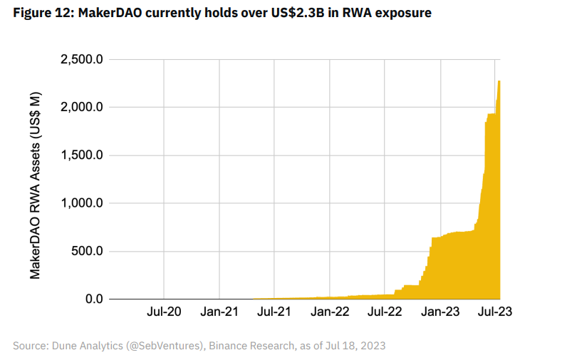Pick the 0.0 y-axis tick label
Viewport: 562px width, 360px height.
point(93,299)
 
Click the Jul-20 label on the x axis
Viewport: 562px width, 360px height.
point(164,312)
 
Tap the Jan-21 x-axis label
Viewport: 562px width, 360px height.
point(219,312)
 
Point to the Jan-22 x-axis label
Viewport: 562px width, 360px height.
point(329,312)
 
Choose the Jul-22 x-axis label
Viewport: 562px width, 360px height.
point(385,312)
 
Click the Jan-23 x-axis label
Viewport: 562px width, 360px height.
point(440,312)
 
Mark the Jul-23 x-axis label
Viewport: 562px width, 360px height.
point(494,312)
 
